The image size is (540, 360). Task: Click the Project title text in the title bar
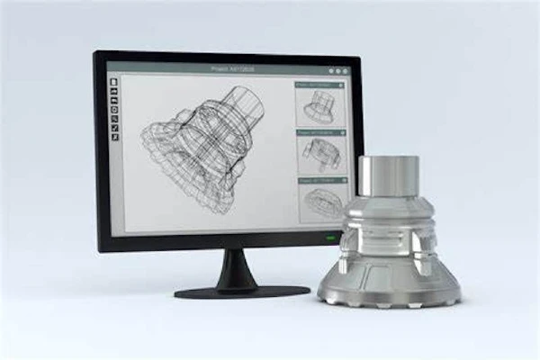coord(222,66)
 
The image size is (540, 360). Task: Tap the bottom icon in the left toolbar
coord(114,137)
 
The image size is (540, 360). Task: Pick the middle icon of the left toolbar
coord(114,110)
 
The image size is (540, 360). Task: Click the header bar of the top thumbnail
coord(319,85)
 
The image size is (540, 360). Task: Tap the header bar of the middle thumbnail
coord(319,131)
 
